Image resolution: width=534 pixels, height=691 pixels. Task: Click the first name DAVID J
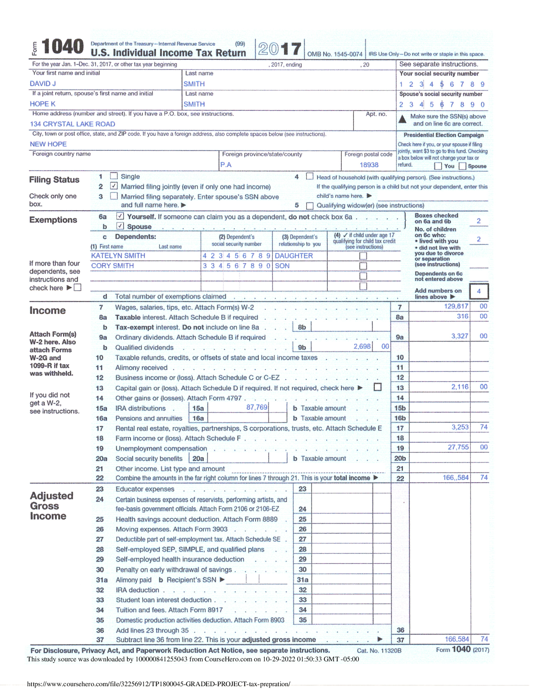click(43, 84)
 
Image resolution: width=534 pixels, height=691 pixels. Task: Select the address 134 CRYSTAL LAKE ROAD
click(72, 124)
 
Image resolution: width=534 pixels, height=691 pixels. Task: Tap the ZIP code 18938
click(369, 165)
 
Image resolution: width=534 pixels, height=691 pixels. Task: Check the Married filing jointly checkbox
click(114, 186)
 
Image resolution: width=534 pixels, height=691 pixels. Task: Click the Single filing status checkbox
click(114, 176)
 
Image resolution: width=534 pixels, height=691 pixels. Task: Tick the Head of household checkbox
click(310, 176)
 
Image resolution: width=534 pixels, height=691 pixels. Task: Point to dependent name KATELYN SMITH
click(118, 256)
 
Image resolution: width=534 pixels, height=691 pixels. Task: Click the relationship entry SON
click(282, 266)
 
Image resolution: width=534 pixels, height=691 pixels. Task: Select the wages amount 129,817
click(456, 306)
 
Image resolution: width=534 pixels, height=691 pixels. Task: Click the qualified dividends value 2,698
click(362, 346)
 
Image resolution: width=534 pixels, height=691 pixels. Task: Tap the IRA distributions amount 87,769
click(257, 407)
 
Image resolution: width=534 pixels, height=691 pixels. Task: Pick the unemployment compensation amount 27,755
click(458, 447)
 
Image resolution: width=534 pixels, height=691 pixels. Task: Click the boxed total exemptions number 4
click(479, 291)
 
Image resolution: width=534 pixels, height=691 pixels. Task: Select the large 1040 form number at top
click(62, 47)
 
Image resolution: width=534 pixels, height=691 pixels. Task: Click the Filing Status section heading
click(54, 180)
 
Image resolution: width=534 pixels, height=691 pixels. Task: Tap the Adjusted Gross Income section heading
click(51, 506)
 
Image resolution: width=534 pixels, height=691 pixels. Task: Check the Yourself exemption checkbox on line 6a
click(120, 216)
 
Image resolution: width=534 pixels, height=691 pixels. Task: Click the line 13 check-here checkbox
click(378, 387)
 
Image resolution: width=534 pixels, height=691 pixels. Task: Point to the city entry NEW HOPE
click(48, 144)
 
